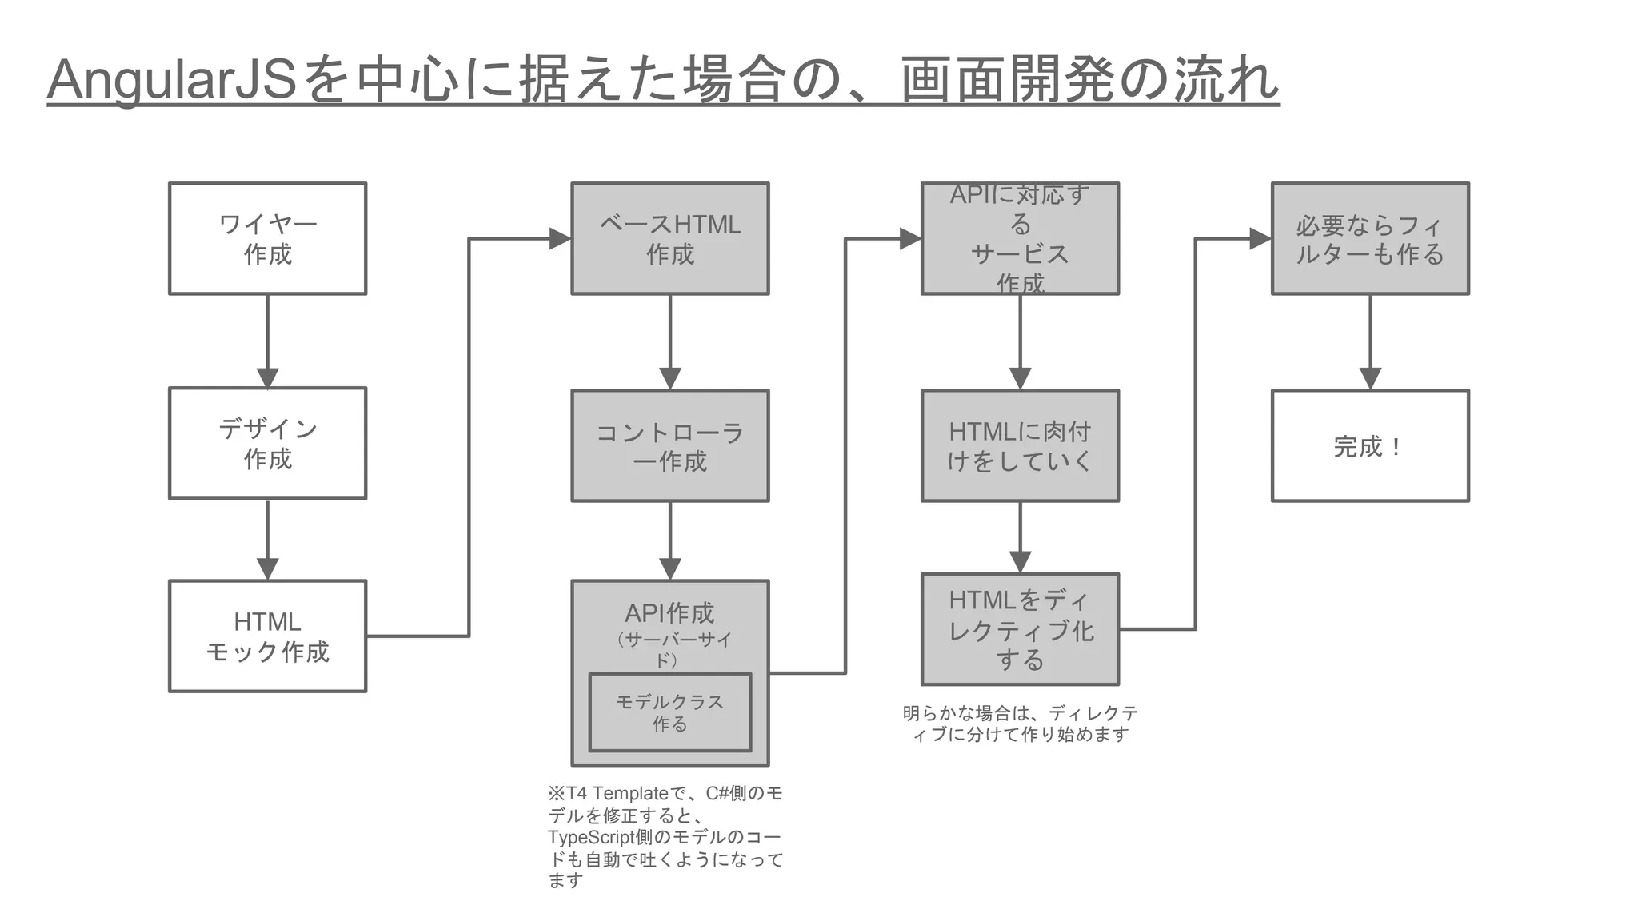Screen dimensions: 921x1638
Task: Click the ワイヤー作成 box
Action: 267,238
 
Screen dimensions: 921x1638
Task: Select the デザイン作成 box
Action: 267,443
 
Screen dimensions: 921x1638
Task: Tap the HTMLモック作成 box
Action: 267,636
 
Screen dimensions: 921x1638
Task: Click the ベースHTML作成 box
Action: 669,238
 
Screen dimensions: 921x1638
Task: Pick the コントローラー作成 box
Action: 669,445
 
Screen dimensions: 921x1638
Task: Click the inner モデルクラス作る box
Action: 669,712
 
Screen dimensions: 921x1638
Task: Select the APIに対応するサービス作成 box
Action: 1020,238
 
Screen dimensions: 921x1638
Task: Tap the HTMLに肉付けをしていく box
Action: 1020,445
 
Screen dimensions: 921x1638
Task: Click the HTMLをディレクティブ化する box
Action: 1020,629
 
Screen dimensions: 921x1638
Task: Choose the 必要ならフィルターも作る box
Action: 1370,238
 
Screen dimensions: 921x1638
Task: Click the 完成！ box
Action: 1370,445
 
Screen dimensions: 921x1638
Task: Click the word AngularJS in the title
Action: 172,80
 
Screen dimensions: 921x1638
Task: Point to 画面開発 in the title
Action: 1008,80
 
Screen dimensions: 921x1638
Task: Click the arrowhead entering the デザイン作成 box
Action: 267,378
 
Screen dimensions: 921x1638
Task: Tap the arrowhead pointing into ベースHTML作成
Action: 560,238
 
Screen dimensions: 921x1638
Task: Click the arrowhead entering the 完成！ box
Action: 1370,379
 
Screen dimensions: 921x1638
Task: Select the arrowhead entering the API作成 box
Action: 669,569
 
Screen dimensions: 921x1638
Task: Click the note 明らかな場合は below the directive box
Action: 1020,723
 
